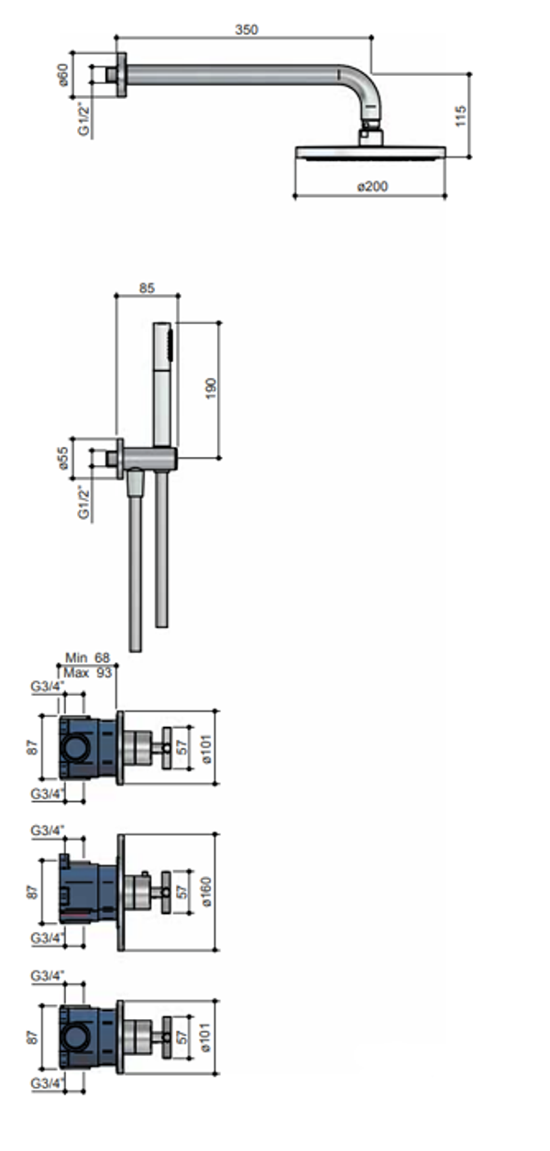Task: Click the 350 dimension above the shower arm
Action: [247, 30]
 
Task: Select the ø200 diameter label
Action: [372, 186]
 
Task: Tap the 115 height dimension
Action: [460, 115]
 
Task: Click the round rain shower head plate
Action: [370, 153]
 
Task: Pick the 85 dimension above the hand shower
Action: [147, 288]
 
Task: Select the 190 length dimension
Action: [211, 389]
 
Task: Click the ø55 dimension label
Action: [62, 457]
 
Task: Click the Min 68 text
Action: [87, 657]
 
